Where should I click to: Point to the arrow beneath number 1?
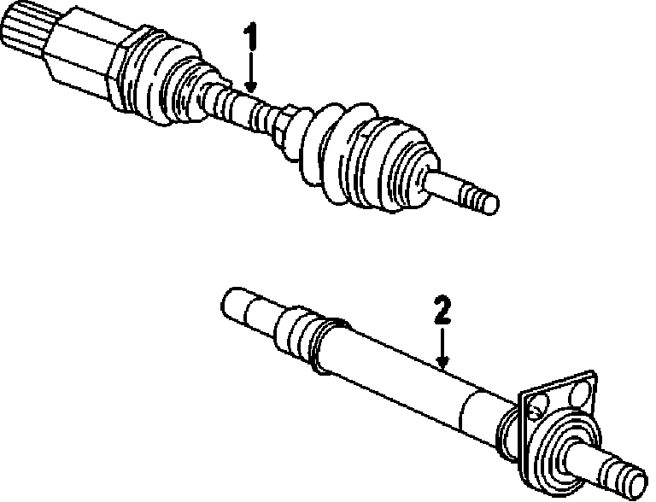(250, 73)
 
